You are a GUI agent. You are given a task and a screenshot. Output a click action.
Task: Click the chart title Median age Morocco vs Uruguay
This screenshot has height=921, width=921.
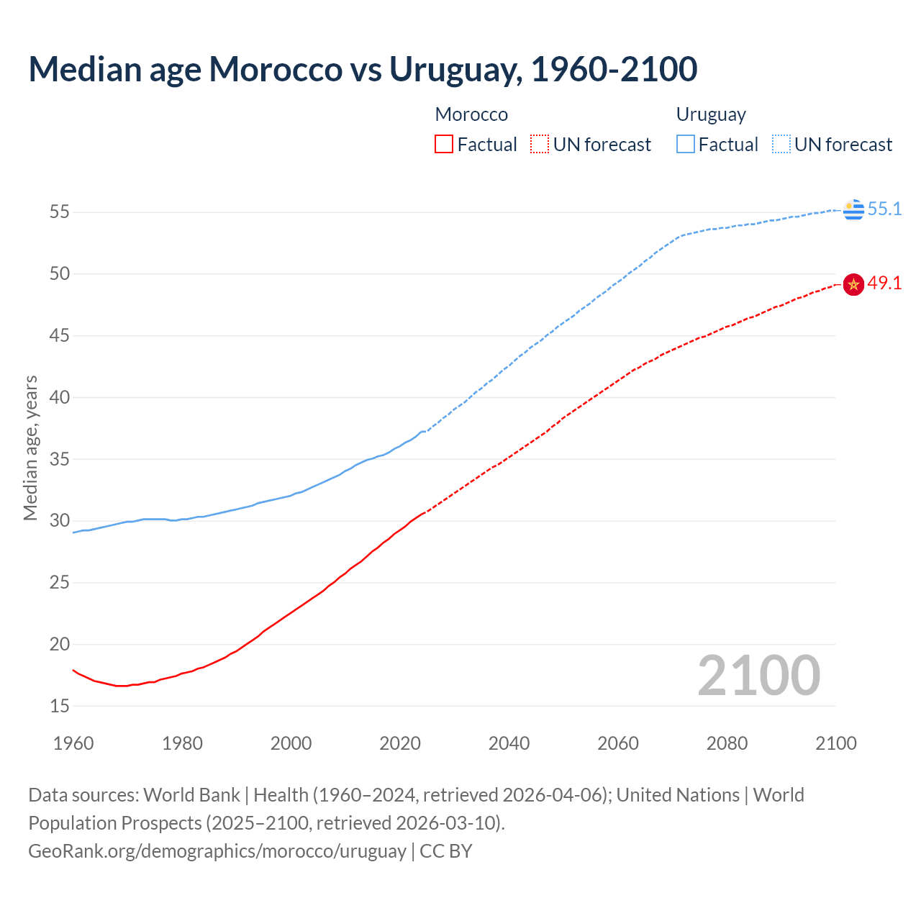click(x=363, y=69)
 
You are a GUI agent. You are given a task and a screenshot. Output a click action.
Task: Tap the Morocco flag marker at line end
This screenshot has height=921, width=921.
click(x=853, y=285)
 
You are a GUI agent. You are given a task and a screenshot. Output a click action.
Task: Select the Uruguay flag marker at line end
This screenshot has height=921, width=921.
click(x=853, y=209)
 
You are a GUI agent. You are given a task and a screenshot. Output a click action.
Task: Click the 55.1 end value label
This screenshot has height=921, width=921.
click(x=884, y=209)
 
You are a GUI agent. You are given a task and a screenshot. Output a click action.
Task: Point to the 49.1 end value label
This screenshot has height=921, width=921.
click(x=884, y=283)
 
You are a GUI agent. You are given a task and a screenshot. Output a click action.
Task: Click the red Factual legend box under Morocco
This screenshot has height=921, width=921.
click(x=444, y=145)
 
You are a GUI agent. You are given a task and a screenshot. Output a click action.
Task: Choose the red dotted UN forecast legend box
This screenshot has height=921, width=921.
click(x=540, y=145)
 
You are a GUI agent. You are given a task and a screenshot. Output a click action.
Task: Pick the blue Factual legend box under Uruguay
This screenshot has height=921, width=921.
click(x=686, y=145)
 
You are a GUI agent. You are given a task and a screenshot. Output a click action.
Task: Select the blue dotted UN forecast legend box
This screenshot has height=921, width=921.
click(x=781, y=145)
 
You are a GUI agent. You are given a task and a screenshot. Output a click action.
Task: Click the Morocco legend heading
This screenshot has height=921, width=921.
click(x=471, y=114)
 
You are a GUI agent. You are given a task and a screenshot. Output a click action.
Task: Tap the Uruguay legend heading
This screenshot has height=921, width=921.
click(x=711, y=114)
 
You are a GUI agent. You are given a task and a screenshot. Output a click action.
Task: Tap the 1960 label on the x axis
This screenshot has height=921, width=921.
click(x=73, y=743)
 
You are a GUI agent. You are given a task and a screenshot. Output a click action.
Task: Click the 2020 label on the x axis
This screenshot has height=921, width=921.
click(x=400, y=743)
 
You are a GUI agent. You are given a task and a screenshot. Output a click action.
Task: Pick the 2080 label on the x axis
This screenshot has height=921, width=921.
click(x=727, y=743)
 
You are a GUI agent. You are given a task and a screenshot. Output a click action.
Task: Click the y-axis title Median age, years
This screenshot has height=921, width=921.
click(x=30, y=448)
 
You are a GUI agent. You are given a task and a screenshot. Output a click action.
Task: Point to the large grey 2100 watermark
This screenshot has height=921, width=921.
click(x=759, y=675)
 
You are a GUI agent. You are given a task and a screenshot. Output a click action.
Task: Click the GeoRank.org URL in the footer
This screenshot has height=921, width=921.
click(x=217, y=851)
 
